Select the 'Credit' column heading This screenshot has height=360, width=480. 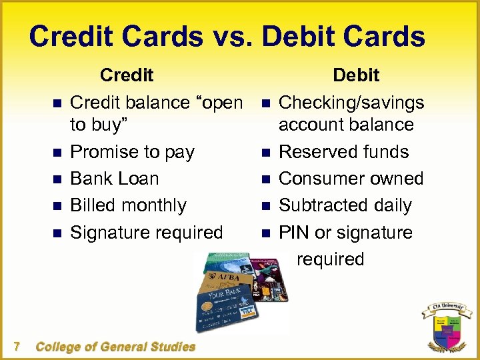pos(127,75)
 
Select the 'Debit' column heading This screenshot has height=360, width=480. pos(356,75)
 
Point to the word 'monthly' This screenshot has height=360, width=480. pos(155,206)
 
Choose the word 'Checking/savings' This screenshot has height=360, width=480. pos(351,103)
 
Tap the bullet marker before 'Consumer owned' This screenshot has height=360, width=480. pos(265,179)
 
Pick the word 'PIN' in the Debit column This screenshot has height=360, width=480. pos(294,233)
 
